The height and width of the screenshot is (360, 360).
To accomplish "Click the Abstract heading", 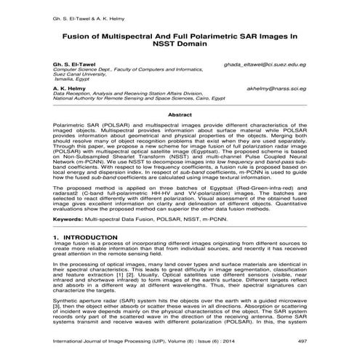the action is (x=179, y=116).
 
